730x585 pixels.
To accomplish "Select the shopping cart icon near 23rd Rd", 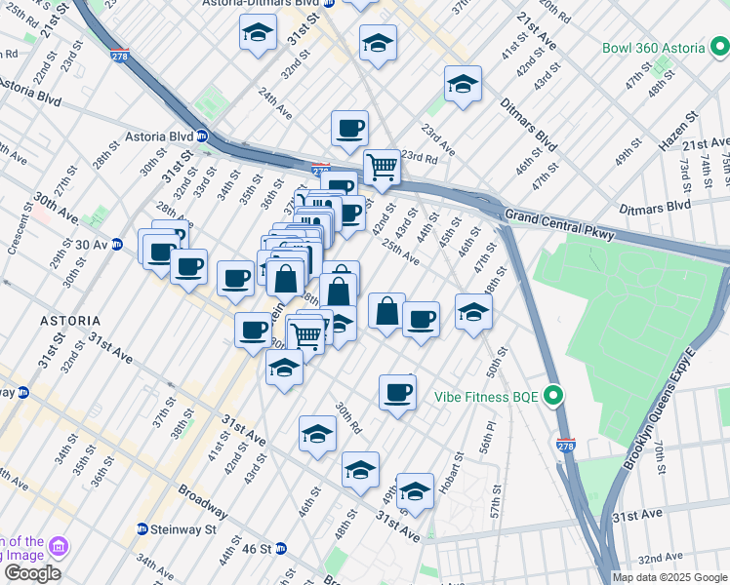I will pyautogui.click(x=382, y=167).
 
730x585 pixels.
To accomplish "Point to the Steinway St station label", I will pyautogui.click(x=183, y=529).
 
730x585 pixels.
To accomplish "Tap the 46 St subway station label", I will pyautogui.click(x=256, y=549).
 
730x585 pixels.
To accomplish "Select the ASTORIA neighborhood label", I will pyautogui.click(x=68, y=320).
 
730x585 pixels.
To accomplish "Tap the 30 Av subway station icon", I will pyautogui.click(x=117, y=244).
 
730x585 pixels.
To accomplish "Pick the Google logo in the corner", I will pyautogui.click(x=32, y=572).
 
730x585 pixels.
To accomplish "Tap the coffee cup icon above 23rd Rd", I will pyautogui.click(x=349, y=128).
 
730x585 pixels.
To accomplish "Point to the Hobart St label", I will pyautogui.click(x=457, y=471).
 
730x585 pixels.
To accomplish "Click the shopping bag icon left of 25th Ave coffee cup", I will pyautogui.click(x=387, y=311).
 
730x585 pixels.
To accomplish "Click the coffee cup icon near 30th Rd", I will pyautogui.click(x=397, y=392).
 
